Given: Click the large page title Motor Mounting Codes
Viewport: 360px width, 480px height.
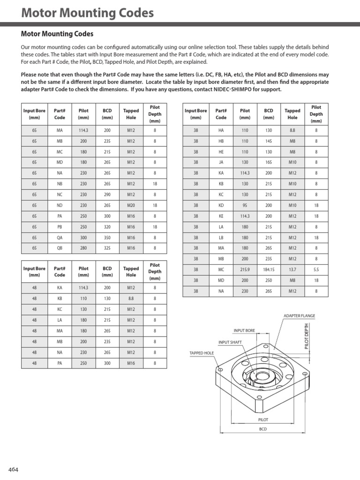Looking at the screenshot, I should tap(88, 13).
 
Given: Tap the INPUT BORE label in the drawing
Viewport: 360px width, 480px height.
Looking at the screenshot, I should tap(244, 330).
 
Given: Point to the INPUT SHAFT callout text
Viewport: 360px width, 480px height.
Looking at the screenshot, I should tap(230, 342).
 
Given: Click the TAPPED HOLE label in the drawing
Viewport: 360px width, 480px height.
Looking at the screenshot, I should tap(202, 353).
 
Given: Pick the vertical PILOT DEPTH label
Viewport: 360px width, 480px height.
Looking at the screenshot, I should tap(307, 336).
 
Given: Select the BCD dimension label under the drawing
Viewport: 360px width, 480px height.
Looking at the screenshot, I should tap(263, 429).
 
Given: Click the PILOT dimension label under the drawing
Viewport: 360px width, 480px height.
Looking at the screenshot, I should tap(263, 420).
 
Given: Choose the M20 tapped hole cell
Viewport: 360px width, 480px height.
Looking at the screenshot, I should tap(131, 205).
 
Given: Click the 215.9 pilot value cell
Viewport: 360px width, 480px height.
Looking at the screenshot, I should tap(245, 270).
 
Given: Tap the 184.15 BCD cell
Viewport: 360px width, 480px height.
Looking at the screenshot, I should tap(269, 270).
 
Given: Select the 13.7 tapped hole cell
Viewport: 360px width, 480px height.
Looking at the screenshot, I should tap(292, 270).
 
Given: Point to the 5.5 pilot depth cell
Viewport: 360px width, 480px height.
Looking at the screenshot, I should tap(316, 270).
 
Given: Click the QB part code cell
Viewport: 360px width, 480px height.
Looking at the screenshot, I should tap(60, 248).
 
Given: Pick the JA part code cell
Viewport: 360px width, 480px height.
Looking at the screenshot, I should tap(221, 162).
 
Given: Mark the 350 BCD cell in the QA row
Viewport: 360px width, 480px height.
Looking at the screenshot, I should tap(107, 237).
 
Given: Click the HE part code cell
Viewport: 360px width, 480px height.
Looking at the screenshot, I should tap(221, 151).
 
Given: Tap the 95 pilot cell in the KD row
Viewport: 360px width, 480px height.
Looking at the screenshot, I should tap(245, 205).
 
